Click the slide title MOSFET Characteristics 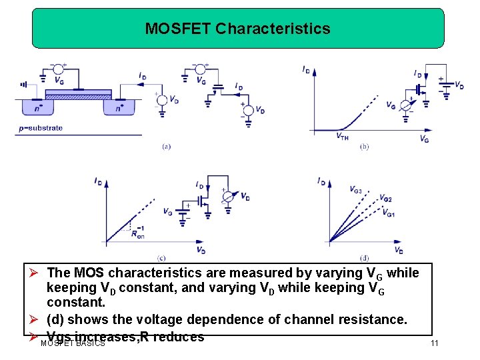tap(237, 29)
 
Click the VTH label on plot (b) tap(342, 136)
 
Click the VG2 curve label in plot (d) tap(385, 199)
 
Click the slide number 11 tap(434, 343)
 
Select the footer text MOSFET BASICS tap(73, 343)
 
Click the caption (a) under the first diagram tap(166, 147)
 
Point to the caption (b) tap(364, 147)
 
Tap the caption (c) tap(161, 257)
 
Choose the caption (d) tap(364, 257)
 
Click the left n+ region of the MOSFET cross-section tap(31, 107)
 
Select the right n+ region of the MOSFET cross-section tap(119, 107)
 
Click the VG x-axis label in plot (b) tap(425, 138)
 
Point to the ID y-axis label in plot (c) tap(98, 181)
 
